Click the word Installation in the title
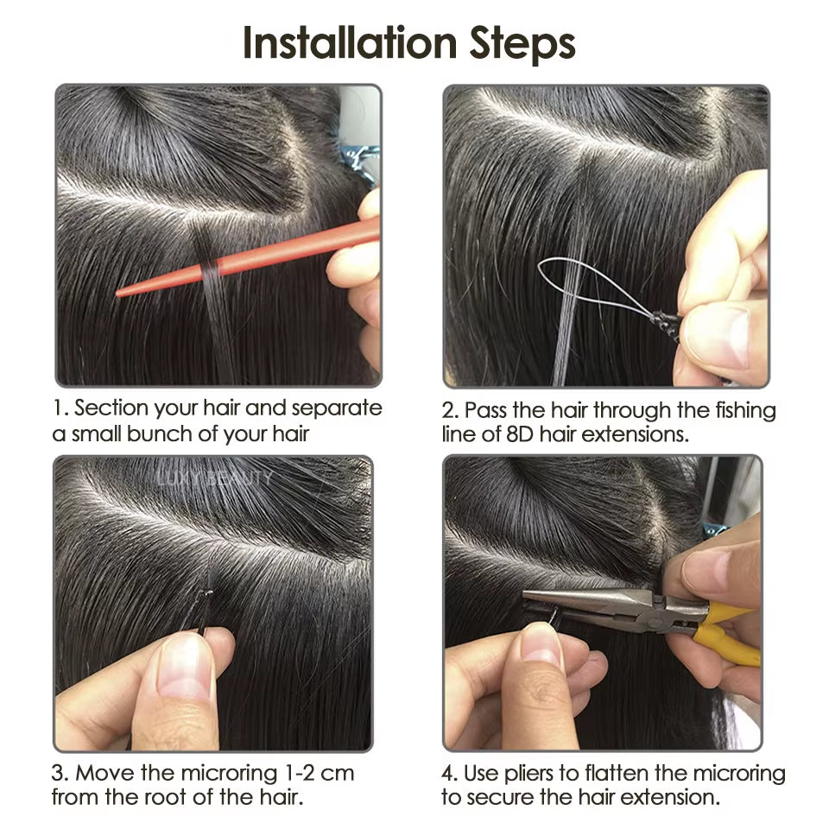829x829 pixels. pyautogui.click(x=350, y=43)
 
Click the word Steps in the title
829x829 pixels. pyautogui.click(x=522, y=44)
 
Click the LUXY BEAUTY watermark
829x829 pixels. pyautogui.click(x=214, y=478)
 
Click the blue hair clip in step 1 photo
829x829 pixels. pyautogui.click(x=358, y=159)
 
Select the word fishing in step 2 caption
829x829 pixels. pyautogui.click(x=745, y=411)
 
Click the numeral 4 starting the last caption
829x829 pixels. pyautogui.click(x=447, y=774)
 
